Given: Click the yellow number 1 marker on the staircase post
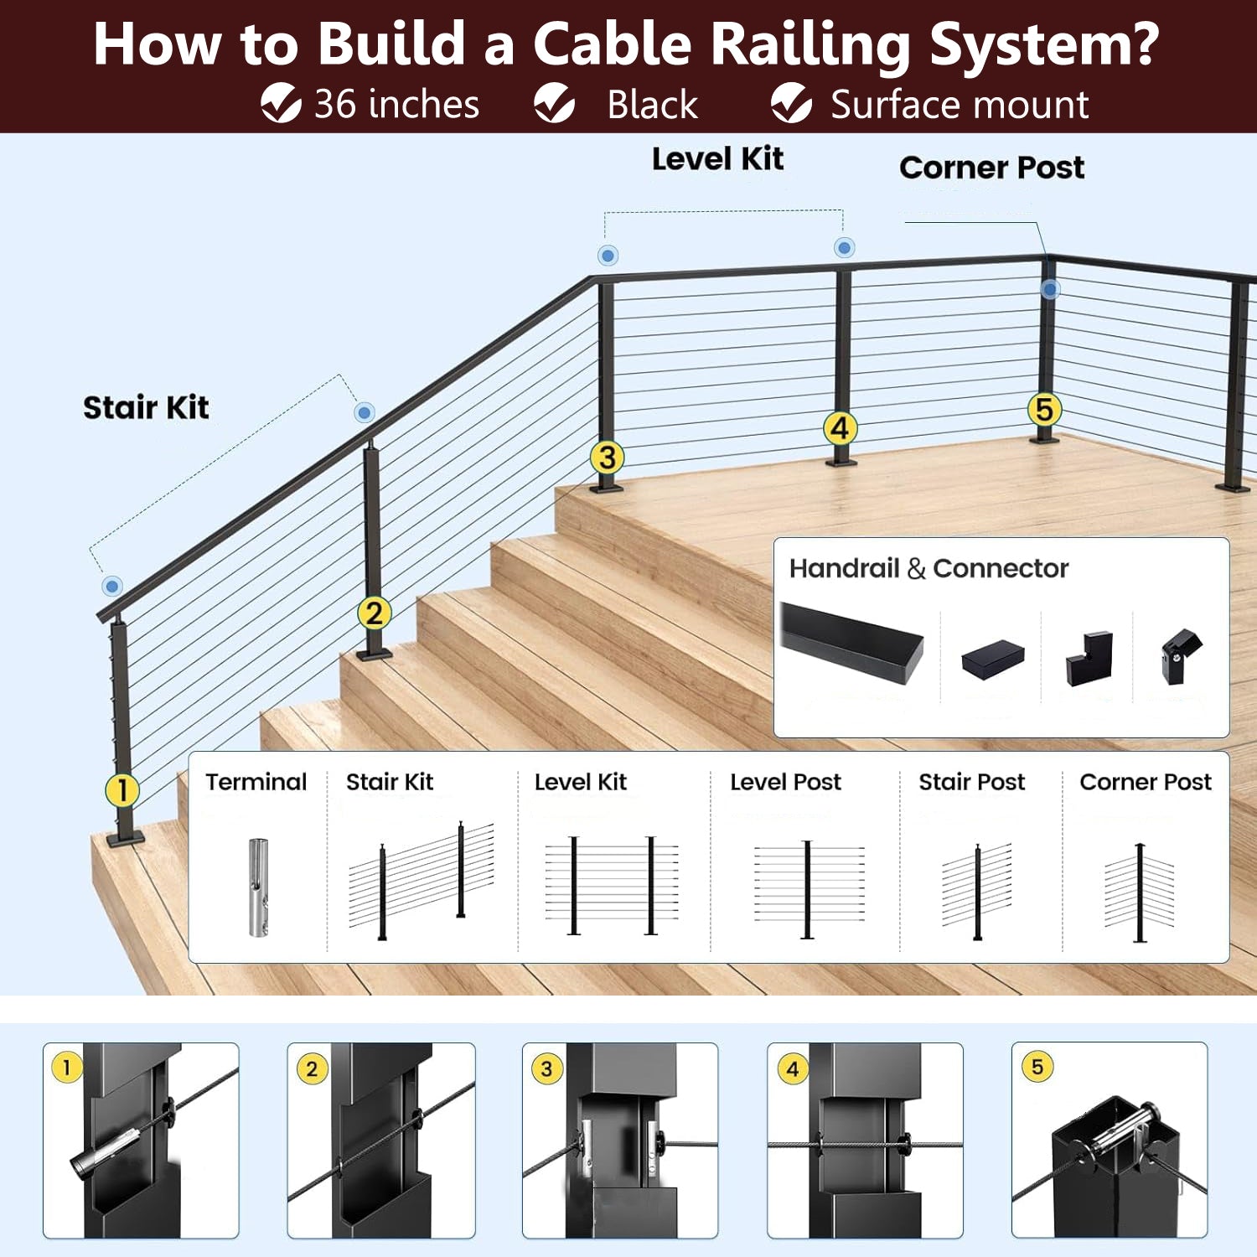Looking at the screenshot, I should (x=122, y=789).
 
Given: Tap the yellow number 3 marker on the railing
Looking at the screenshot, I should (x=607, y=458).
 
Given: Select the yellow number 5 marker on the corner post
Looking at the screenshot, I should (x=1044, y=410).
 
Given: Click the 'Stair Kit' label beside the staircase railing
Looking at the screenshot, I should (x=146, y=407).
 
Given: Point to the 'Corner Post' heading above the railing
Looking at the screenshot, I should (x=991, y=168).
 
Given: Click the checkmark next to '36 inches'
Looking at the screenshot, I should (x=281, y=104).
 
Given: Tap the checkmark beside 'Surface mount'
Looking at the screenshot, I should (x=791, y=104).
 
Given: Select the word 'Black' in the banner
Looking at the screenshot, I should (x=652, y=105).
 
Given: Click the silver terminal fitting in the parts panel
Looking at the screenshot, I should (x=258, y=887).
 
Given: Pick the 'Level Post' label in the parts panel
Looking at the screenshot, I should (x=785, y=782).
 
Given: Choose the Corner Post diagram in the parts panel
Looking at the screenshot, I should (x=1140, y=892).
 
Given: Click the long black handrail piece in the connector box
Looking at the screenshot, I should (x=851, y=641).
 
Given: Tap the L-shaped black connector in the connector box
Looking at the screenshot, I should (x=1089, y=659).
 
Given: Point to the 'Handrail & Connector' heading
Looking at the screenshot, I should (x=929, y=568).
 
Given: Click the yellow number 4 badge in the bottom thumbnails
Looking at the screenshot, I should (x=793, y=1068).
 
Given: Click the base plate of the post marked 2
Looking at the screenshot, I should (x=374, y=653).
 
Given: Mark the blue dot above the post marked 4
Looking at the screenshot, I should (x=845, y=247).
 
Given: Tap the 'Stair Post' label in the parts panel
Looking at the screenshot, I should (x=971, y=782).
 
